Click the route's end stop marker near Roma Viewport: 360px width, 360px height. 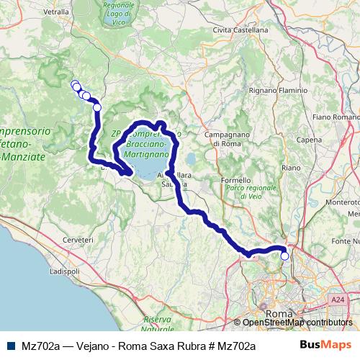click(x=284, y=256)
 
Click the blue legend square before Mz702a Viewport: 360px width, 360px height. click(x=10, y=346)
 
